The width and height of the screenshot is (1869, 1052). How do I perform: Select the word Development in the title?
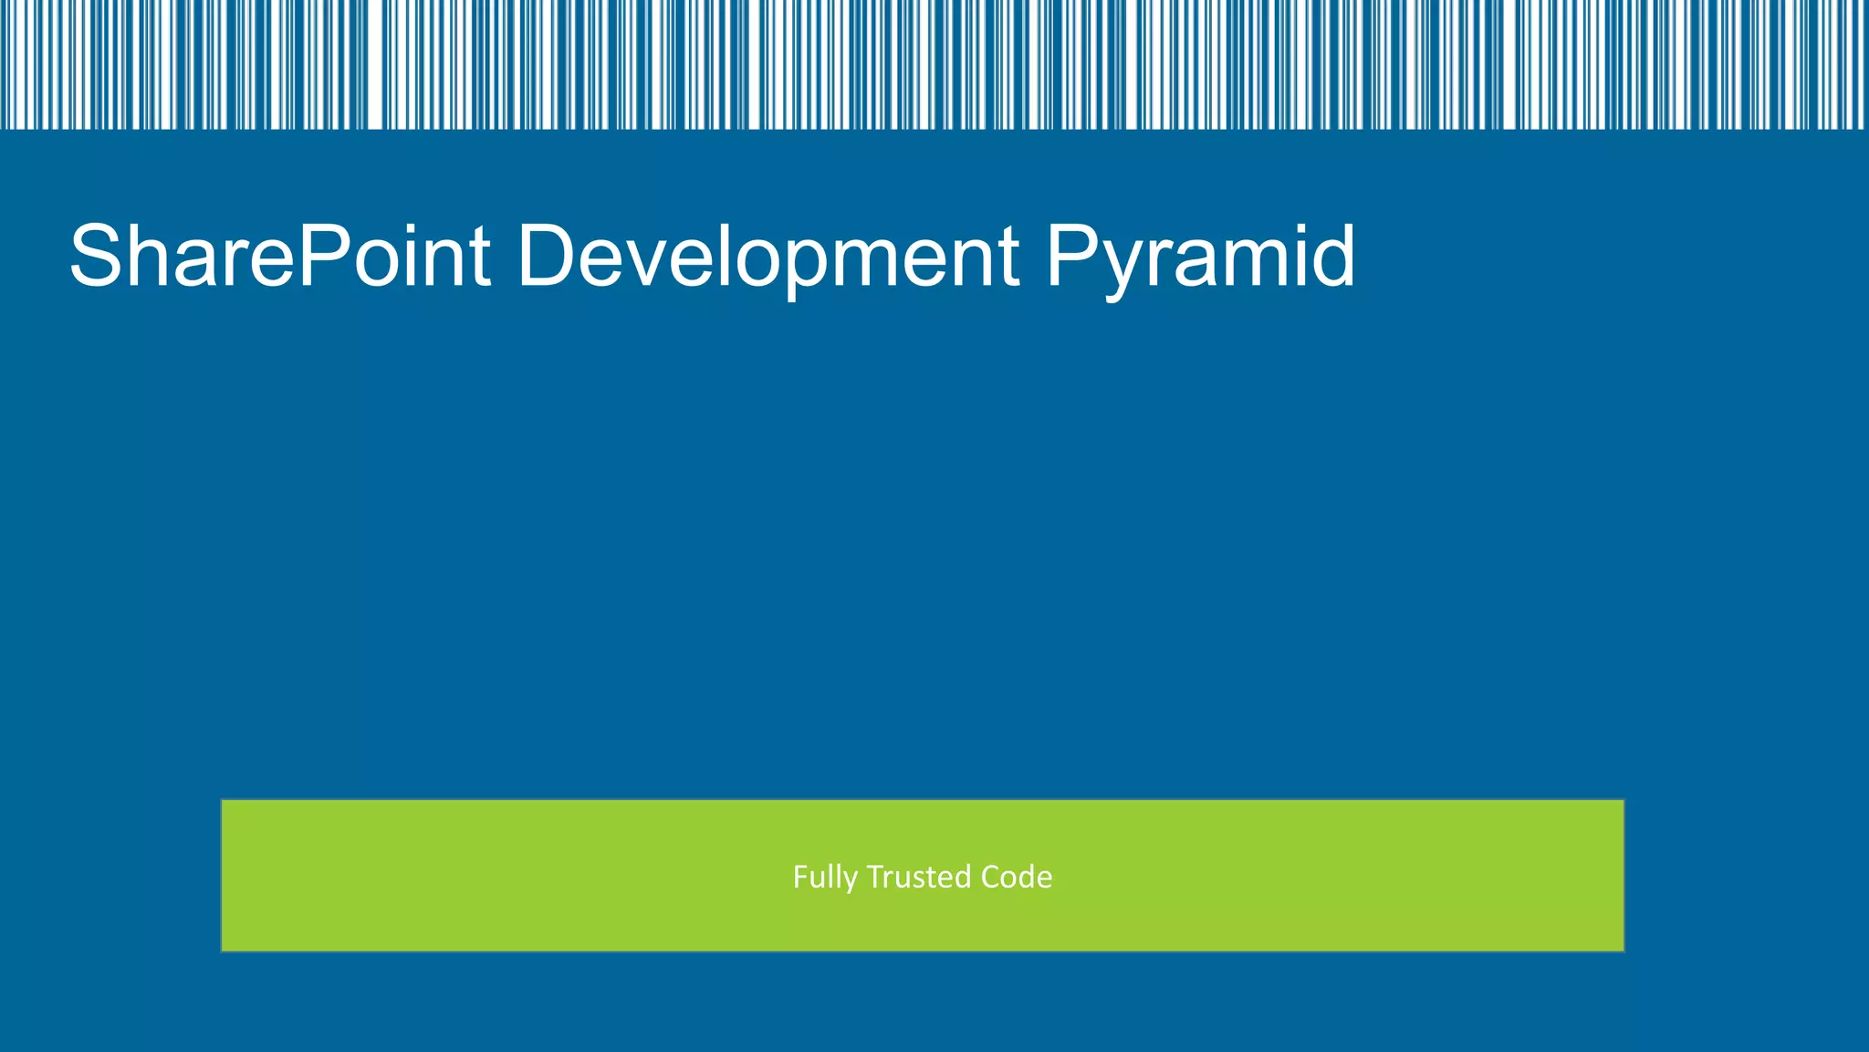tap(767, 257)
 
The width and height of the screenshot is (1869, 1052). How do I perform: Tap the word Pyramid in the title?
tap(1199, 257)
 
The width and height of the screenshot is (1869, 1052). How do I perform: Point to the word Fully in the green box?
tap(825, 878)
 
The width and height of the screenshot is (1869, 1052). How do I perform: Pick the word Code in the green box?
tap(1017, 877)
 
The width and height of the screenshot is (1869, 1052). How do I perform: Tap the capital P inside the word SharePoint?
tap(321, 257)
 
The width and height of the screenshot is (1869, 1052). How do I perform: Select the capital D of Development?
tap(548, 257)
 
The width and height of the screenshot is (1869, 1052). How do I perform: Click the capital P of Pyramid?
tap(1073, 257)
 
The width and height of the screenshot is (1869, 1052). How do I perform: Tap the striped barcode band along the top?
tap(934, 64)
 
